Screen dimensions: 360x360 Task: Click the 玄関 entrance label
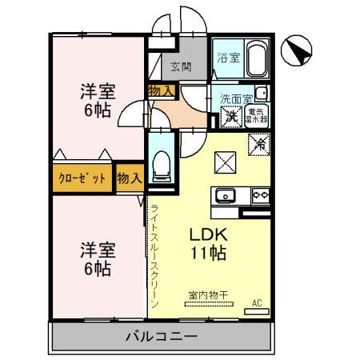(x=181, y=66)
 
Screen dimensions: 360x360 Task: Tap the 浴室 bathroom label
(x=228, y=57)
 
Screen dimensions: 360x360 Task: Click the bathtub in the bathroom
(x=258, y=58)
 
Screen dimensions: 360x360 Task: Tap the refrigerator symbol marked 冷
(x=258, y=145)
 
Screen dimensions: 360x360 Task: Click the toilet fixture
(x=162, y=164)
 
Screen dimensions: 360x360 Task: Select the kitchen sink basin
(x=226, y=194)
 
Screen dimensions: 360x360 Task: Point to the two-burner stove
(x=260, y=194)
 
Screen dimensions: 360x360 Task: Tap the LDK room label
(x=210, y=236)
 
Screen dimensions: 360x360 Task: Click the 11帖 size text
(x=208, y=254)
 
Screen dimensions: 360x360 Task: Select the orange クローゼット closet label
(x=82, y=178)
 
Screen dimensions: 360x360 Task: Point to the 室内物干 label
(x=207, y=294)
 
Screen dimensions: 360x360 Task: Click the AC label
(x=258, y=303)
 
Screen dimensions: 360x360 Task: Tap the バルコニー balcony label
(x=160, y=336)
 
